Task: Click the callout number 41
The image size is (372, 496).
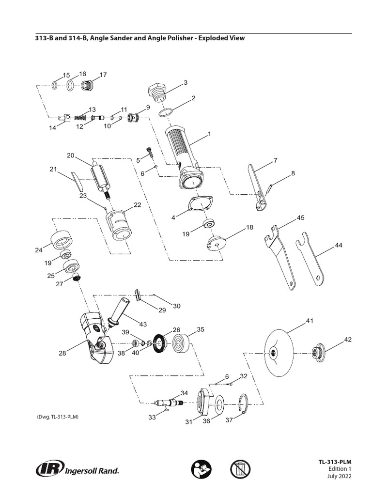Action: [310, 321]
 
